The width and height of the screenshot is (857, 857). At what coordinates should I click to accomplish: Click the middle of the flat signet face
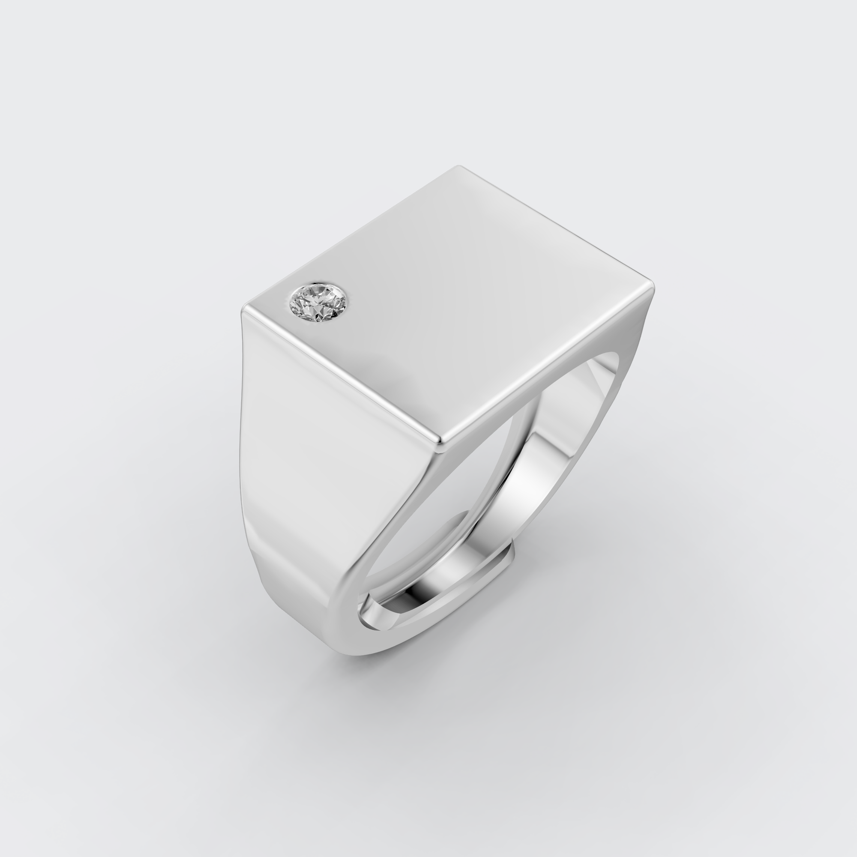point(448,302)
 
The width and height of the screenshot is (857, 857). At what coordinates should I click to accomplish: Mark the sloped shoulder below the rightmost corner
point(630,337)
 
